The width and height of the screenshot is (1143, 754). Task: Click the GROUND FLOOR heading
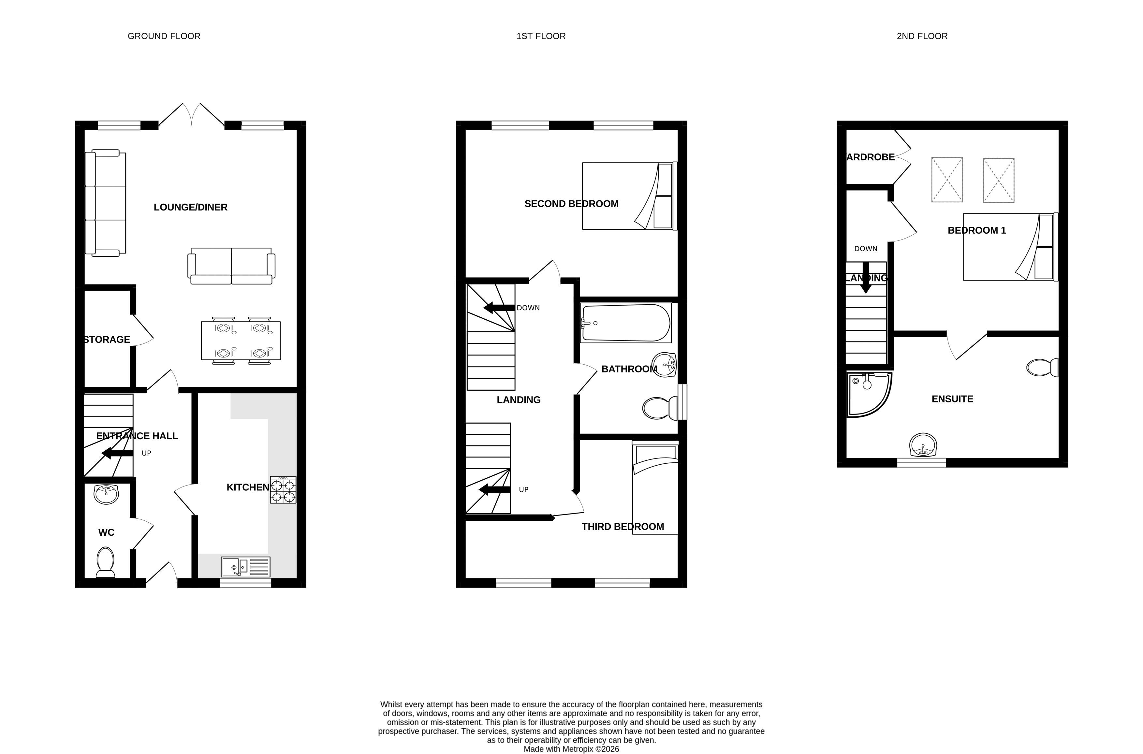(164, 36)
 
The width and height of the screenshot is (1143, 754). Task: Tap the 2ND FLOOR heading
(922, 36)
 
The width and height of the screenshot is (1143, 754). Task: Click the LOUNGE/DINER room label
(190, 207)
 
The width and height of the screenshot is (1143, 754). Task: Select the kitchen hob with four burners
(283, 489)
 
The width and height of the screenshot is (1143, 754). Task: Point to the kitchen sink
(246, 567)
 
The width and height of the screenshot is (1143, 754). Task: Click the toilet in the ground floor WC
(105, 562)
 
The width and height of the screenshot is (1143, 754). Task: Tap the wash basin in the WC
(106, 494)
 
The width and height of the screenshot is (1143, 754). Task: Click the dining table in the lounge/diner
(241, 341)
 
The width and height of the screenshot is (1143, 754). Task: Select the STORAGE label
(107, 340)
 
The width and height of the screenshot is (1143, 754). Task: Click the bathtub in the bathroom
(625, 323)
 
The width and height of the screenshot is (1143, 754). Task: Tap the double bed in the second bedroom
(629, 196)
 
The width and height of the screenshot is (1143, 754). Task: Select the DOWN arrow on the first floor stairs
(499, 308)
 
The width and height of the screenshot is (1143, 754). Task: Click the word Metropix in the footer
(578, 749)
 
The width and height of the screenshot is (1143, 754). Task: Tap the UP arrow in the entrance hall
(117, 453)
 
